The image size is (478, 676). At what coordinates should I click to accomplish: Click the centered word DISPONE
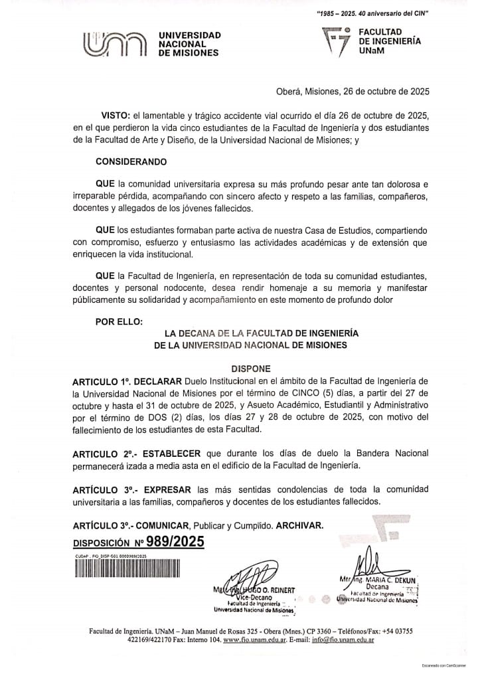251,367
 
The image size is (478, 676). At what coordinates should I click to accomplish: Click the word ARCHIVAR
300,525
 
